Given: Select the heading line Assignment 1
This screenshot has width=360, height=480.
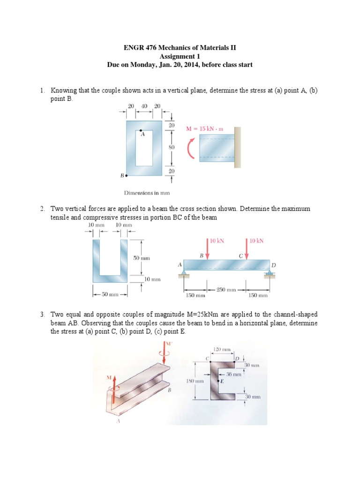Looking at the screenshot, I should coord(180,56).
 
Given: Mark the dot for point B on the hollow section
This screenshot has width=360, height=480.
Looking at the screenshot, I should coord(127,176).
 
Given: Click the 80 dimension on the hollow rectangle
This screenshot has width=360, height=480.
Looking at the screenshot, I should coord(171,148).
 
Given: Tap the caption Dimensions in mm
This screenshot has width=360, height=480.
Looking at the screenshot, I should coord(146,193).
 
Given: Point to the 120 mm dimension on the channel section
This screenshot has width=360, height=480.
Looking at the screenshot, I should coord(222,350).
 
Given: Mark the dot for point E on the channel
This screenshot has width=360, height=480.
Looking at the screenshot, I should coord(218,381).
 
